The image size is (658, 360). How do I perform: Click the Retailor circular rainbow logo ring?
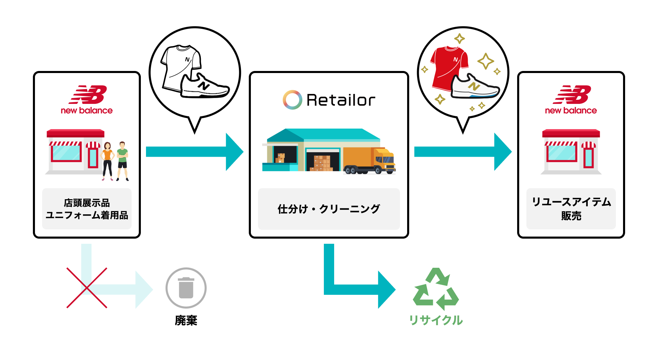pos(292,100)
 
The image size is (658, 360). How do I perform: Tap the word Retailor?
pos(341,100)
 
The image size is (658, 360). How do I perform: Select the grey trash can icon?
pos(186,288)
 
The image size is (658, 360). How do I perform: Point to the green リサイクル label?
pos(436,320)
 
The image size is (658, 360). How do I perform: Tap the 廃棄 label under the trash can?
pos(186,320)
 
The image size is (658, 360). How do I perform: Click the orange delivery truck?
pos(369,160)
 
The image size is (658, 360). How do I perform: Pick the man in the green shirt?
pos(122,160)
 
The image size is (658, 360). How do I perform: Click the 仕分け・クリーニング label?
pos(329,209)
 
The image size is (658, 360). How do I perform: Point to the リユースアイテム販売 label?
pos(571,208)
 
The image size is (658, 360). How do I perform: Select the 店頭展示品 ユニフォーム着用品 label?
pos(87,209)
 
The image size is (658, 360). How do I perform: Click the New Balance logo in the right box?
pos(571,100)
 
